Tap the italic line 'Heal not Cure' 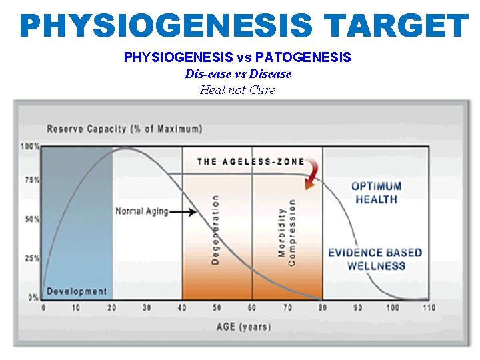237,90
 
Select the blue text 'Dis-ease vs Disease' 238,74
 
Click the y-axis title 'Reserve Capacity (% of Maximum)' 125,128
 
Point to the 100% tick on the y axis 30,146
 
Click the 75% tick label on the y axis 31,180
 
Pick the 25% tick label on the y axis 31,258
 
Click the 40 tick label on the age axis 182,307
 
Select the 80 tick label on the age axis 323,307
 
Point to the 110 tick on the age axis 428,307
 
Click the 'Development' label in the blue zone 76,291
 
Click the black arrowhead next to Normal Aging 193,212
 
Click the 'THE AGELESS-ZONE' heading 251,161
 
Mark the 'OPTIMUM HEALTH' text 377,193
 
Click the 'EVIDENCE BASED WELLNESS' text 375,259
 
